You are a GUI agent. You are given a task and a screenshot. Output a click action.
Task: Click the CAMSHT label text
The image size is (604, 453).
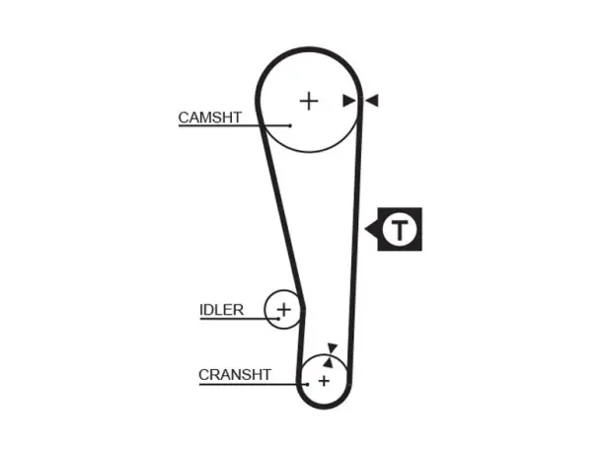[210, 117]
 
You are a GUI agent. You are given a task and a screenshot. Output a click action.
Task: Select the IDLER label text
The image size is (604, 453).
[221, 310]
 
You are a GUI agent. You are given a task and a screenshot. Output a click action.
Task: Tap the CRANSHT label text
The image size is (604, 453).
[235, 374]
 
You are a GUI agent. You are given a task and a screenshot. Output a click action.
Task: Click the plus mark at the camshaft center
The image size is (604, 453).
[309, 102]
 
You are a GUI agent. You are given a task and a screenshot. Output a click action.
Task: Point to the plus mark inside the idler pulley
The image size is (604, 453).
[284, 309]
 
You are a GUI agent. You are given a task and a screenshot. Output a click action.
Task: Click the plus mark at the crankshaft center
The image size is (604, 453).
[325, 381]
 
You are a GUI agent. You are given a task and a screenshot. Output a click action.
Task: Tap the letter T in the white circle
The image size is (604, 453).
[400, 230]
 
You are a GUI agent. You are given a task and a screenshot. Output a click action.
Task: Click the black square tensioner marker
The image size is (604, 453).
[400, 229]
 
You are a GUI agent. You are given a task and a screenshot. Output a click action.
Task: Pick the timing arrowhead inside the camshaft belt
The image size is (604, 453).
[349, 101]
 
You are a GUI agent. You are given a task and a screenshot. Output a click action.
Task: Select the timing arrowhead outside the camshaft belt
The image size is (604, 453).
[372, 101]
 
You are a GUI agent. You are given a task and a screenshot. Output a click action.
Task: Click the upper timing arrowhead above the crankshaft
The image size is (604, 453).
[332, 347]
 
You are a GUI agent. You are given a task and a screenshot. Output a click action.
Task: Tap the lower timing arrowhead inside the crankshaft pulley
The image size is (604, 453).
[329, 362]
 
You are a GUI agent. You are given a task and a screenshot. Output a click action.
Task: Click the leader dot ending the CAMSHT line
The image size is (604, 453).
[290, 125]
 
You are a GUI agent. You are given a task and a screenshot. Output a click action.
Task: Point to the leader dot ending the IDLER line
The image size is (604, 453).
[278, 319]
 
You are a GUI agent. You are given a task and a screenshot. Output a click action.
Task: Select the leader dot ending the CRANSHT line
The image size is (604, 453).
[307, 384]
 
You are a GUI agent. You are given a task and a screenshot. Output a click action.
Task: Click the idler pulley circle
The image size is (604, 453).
[264, 309]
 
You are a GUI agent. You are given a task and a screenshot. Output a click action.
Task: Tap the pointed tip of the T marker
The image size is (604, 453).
[365, 229]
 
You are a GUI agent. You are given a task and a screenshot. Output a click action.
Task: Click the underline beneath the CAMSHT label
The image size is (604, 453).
[234, 125]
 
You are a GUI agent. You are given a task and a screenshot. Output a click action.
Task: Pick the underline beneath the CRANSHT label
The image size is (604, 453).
[253, 384]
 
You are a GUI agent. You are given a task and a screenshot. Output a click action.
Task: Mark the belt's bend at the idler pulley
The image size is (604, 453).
[303, 308]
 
